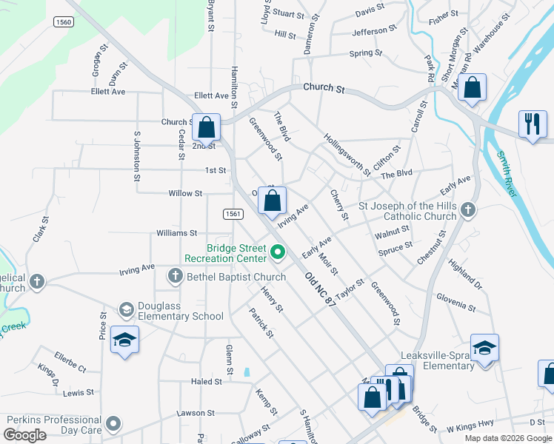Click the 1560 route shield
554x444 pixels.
63,23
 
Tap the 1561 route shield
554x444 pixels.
233,214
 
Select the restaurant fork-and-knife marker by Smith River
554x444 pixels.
532,124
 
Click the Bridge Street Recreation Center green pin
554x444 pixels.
278,253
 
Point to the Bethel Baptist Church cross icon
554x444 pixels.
176,277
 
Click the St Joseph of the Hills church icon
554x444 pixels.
467,210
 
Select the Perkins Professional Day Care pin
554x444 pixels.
113,424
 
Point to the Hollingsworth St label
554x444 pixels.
347,155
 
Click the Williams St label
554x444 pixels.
176,232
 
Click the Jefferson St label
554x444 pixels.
370,32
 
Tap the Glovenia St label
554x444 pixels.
455,302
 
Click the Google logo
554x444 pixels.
25,435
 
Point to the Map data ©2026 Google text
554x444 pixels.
507,437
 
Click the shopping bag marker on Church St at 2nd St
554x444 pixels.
207,127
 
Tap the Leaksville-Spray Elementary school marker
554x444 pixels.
484,348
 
